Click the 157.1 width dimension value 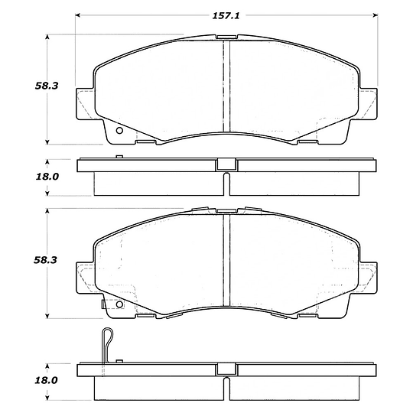226,16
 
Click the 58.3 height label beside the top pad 47,86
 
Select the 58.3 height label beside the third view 45,260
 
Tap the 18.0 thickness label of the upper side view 47,177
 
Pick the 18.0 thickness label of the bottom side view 46,380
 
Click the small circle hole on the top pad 119,130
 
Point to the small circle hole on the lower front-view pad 119,304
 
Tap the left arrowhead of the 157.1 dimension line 78,15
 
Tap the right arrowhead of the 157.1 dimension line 376,15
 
